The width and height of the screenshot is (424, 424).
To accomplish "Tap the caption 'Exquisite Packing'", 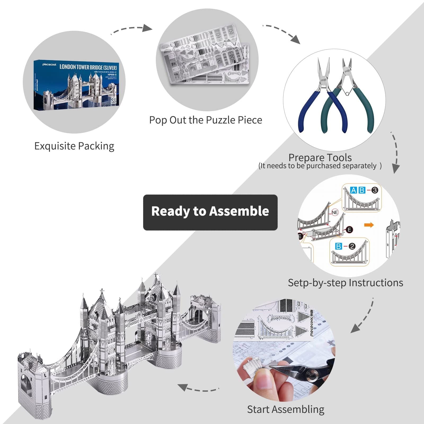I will [74, 146].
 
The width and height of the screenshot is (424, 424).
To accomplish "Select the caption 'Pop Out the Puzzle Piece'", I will [205, 120].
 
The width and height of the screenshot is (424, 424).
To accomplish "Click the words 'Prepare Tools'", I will [320, 157].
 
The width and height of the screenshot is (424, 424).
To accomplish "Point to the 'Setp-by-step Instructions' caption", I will [345, 283].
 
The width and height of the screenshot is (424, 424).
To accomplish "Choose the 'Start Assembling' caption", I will [285, 409].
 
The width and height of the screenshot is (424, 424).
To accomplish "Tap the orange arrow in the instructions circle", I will [369, 225].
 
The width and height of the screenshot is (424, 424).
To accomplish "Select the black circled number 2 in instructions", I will [352, 246].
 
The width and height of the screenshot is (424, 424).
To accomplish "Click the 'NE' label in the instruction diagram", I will [335, 213].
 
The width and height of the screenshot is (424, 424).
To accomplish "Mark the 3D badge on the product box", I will [114, 100].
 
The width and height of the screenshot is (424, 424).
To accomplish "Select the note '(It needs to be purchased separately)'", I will [320, 166].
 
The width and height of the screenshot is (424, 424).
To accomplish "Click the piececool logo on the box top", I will [49, 64].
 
